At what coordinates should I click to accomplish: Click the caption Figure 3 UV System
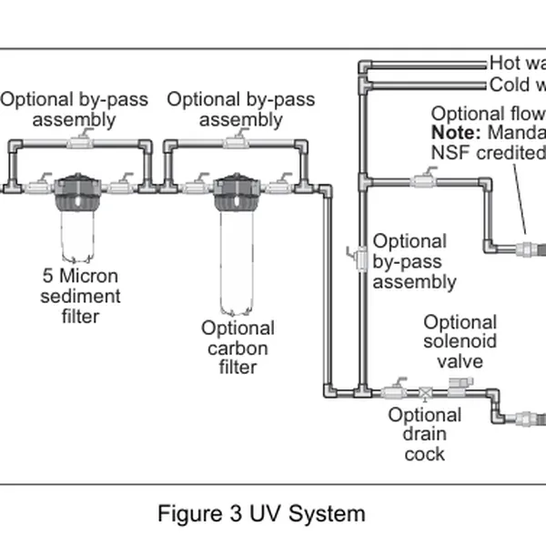[261, 513]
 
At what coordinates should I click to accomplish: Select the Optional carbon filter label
[238, 347]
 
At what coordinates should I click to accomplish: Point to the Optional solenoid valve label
[460, 341]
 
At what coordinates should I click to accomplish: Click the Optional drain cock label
[424, 434]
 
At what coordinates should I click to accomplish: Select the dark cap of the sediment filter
[81, 191]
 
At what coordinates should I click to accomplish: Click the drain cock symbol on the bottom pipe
[425, 393]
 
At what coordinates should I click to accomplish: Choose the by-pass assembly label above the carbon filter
[240, 109]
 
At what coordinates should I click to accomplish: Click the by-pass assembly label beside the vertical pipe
[414, 262]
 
